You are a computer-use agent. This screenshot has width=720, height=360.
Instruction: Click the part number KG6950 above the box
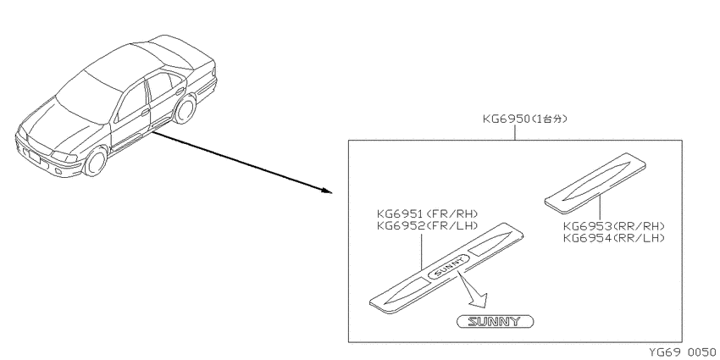coord(506,119)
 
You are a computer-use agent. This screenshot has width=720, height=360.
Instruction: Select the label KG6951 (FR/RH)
coord(428,214)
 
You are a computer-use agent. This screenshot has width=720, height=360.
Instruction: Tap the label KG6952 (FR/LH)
coord(428,225)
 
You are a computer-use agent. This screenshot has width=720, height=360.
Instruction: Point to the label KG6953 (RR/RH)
coord(614,226)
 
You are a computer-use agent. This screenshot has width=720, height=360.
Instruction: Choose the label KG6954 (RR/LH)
coord(614,238)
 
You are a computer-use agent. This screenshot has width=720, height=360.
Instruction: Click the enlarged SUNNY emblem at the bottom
coord(495,321)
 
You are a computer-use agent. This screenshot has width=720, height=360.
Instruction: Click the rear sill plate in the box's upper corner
coord(595,183)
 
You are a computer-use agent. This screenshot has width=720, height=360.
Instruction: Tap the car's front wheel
coord(96,161)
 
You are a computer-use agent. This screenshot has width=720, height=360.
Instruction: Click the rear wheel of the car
coord(185,108)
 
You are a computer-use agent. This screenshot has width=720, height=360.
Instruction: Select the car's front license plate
coord(35,157)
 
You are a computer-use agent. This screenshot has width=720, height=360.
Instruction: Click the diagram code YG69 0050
coord(682,352)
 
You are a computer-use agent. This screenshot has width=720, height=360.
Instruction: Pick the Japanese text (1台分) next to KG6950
coord(549,119)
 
